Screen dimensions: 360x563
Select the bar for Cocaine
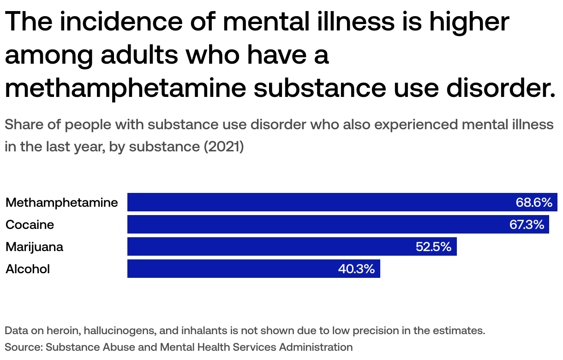click(314, 224)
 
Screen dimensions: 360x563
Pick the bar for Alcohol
click(231, 269)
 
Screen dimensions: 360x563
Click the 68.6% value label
click(533, 202)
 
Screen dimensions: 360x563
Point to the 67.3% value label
click(527, 224)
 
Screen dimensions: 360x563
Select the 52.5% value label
click(433, 246)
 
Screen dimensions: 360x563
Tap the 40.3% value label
click(356, 269)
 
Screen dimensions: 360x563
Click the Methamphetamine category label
click(62, 202)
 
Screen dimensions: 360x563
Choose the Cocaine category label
click(30, 224)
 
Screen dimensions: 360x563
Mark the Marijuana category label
click(35, 246)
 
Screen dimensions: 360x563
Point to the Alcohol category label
click(28, 269)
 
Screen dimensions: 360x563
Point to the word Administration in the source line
click(316, 347)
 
